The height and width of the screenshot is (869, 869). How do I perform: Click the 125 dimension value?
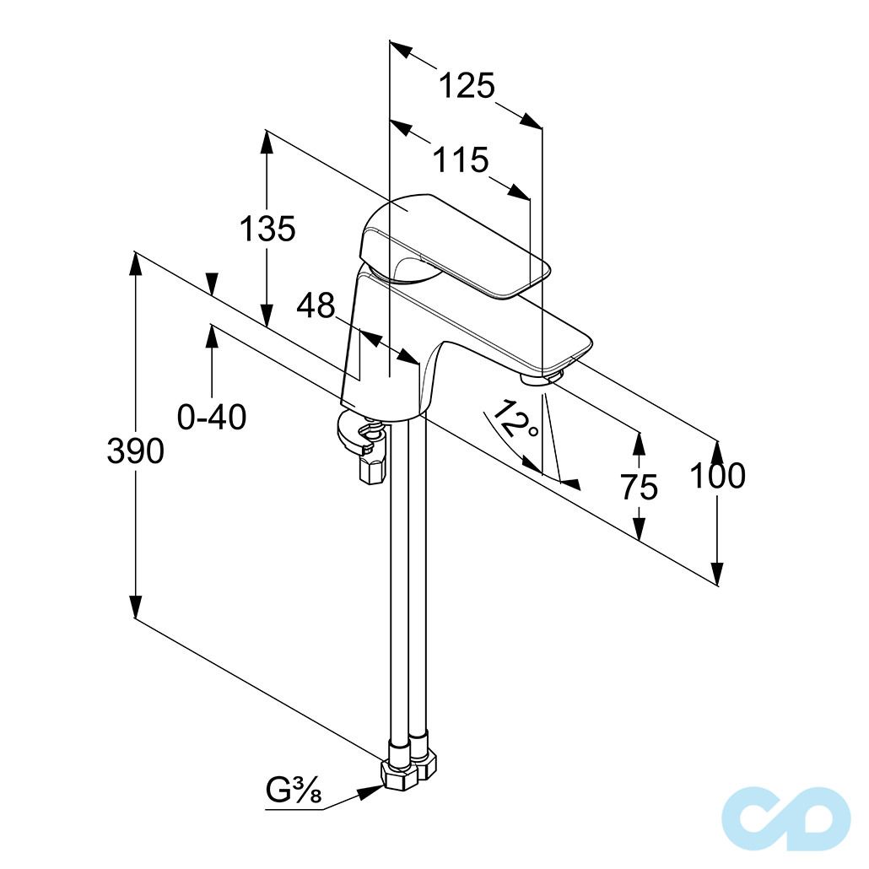(x=466, y=86)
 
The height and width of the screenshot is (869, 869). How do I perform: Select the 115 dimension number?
(x=461, y=159)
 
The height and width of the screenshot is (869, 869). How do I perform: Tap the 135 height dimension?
(x=267, y=229)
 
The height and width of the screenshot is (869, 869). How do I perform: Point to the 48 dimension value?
(x=316, y=305)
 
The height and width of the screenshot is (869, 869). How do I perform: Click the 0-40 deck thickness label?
(x=212, y=416)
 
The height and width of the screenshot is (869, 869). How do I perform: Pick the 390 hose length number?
(x=135, y=450)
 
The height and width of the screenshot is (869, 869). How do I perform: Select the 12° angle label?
(x=514, y=421)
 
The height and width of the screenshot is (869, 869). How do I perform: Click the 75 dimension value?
(x=639, y=487)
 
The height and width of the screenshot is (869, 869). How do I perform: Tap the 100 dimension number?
(x=718, y=476)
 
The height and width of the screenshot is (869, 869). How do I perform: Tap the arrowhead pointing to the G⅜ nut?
(x=369, y=792)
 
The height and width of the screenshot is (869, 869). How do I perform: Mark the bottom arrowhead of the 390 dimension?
(x=135, y=607)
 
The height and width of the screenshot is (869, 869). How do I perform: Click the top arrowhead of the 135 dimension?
(x=267, y=142)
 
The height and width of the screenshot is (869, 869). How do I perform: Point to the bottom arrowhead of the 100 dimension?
(x=718, y=574)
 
